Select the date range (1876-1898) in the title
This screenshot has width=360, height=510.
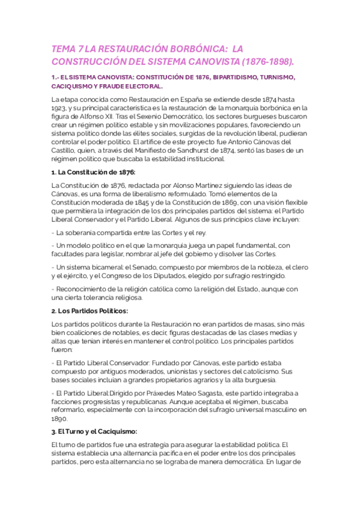point(267,61)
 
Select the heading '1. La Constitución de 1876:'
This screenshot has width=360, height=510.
point(93,172)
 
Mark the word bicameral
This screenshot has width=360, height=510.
point(105,266)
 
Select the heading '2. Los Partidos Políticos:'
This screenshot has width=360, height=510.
point(90,311)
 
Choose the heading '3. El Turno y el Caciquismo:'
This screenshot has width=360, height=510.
point(94,432)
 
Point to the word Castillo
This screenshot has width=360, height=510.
point(66,150)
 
